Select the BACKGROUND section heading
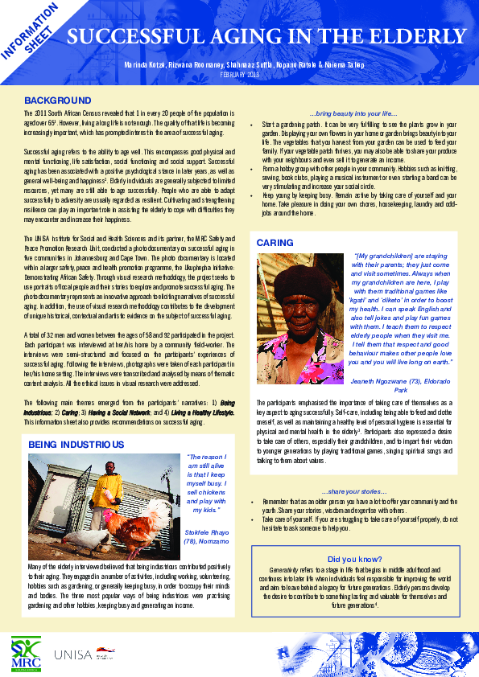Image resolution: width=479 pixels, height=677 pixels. [x=57, y=101]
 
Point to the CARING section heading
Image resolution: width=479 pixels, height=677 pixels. [x=275, y=242]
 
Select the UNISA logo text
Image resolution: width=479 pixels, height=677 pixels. [x=73, y=654]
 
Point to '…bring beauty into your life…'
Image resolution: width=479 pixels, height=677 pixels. [x=353, y=115]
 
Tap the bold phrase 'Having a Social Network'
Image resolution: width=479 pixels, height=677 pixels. [x=118, y=412]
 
